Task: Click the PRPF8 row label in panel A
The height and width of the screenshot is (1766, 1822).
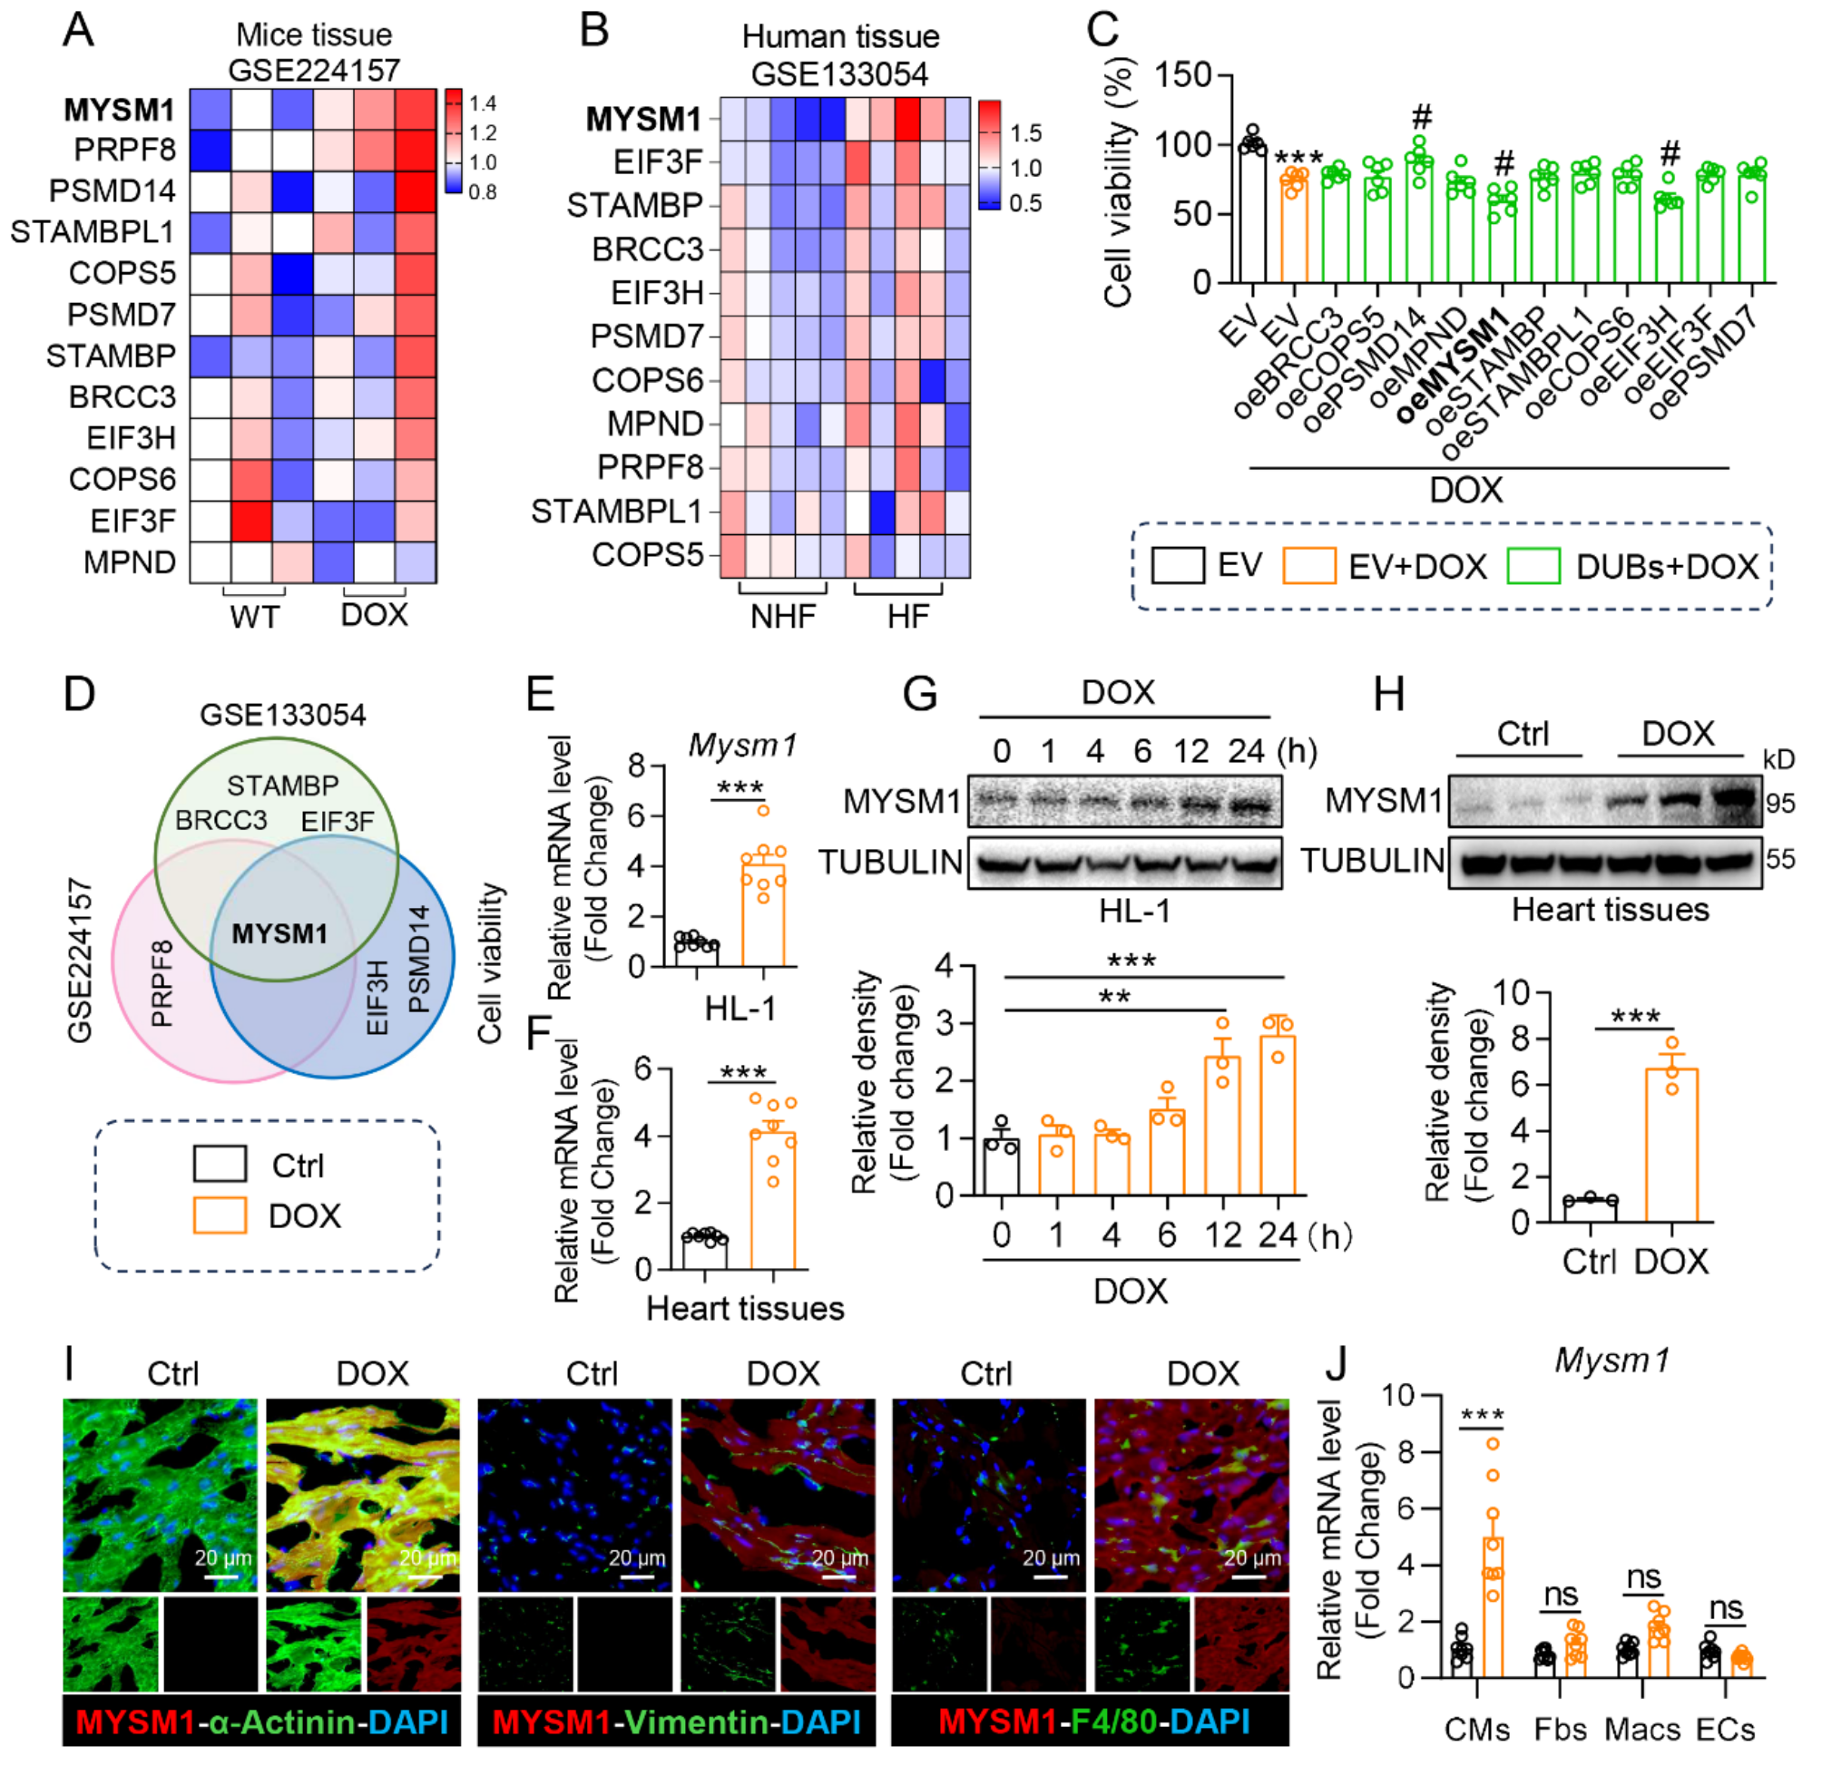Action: point(124,150)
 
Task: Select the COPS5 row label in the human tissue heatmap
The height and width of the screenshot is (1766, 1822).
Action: point(647,555)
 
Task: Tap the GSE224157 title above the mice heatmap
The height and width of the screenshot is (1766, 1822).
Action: point(313,70)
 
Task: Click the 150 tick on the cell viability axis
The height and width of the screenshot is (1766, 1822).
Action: point(1182,74)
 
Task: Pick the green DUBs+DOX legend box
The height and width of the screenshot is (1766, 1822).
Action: point(1533,565)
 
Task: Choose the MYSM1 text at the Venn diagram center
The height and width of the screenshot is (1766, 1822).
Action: point(279,933)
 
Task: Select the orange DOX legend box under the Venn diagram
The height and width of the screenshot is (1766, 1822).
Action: point(220,1215)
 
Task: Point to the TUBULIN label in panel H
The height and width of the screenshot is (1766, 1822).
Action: point(1371,862)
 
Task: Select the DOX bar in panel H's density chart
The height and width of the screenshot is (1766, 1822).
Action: point(1671,1145)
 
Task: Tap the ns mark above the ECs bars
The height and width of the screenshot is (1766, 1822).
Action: point(1726,1609)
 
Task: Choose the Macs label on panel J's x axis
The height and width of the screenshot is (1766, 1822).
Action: point(1641,1730)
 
